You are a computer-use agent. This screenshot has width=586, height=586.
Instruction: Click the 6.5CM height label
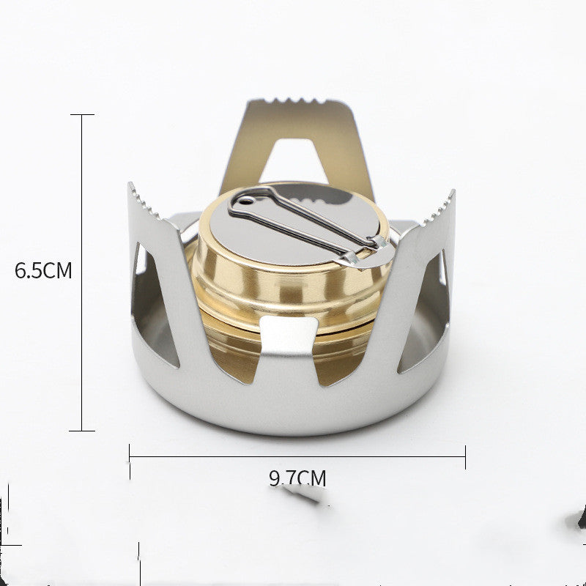point(43,270)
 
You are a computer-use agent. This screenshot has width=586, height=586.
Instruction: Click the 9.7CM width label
point(297,479)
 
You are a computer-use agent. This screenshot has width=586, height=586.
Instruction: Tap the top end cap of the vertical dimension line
point(81,115)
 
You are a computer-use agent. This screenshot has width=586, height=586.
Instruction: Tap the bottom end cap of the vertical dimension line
point(81,431)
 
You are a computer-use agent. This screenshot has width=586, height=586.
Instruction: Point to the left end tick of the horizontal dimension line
point(130,457)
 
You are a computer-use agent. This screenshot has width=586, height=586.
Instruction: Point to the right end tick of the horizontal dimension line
point(465,457)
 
